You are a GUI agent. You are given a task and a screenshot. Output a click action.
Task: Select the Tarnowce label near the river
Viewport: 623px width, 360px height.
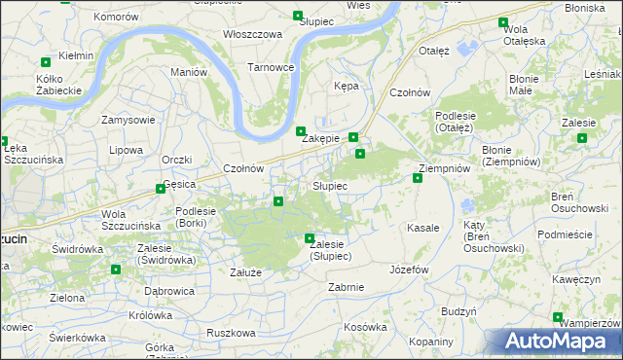(271, 67)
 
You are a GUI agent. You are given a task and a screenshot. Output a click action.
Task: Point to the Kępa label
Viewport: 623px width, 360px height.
(347, 86)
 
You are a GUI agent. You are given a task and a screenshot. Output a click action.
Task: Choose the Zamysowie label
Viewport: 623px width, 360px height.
(128, 120)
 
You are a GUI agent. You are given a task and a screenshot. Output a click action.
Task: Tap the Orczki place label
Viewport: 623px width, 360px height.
(177, 159)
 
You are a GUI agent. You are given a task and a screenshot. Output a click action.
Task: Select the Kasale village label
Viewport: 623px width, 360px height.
(423, 227)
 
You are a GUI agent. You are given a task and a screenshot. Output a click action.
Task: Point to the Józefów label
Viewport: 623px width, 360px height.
(409, 269)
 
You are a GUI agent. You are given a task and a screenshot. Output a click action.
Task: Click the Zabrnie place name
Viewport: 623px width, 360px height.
(347, 286)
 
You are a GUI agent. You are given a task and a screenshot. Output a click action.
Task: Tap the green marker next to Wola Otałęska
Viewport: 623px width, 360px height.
(503, 22)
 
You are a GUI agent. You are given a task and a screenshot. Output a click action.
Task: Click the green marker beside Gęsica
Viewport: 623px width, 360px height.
(161, 189)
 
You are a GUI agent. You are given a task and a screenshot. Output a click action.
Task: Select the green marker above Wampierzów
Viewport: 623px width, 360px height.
(558, 316)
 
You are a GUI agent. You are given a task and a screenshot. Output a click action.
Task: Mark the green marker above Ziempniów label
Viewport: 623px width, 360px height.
(418, 177)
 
